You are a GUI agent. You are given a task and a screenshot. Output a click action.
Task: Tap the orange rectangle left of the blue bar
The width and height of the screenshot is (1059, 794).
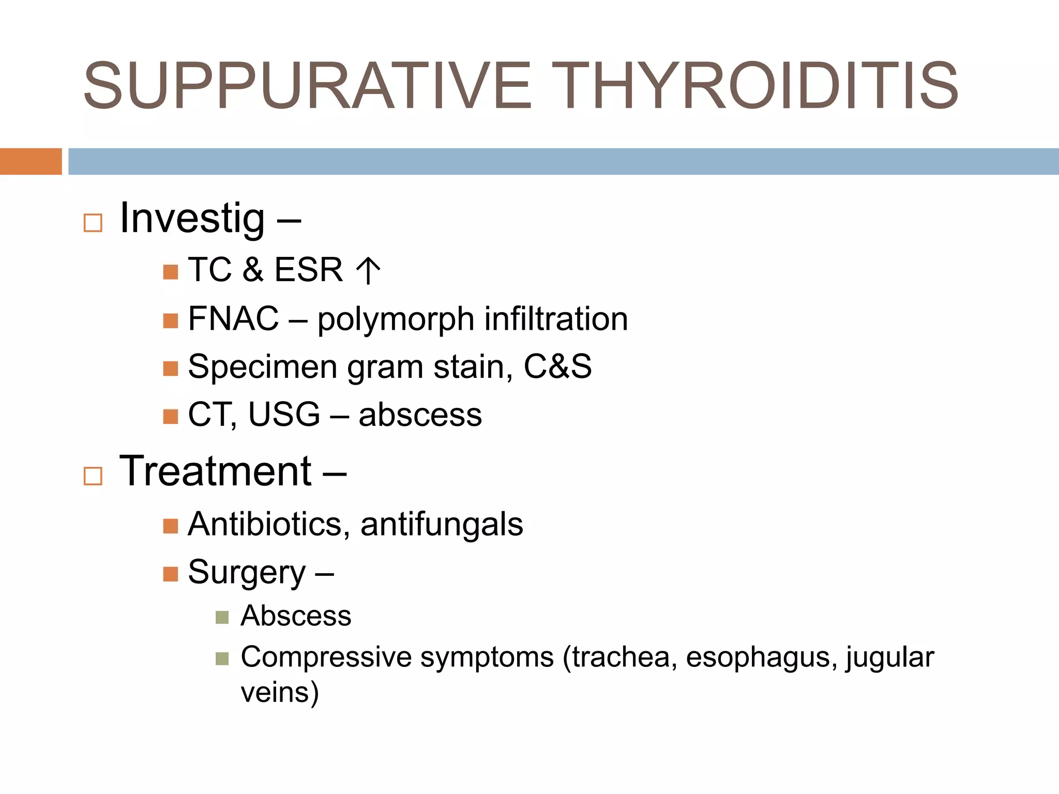coord(31,161)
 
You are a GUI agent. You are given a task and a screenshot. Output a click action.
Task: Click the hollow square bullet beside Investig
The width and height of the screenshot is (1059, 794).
coord(93,223)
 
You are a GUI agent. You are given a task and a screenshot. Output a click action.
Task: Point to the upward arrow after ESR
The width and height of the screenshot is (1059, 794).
coord(368,270)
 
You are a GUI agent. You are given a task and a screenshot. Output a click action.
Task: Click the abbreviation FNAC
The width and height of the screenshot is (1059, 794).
coord(233,318)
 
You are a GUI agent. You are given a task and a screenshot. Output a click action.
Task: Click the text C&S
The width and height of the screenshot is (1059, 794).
coord(557,367)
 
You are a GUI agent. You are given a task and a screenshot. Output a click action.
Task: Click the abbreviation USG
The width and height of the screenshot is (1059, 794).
coord(284,415)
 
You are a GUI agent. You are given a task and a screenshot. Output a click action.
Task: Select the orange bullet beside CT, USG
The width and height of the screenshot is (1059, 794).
coord(170,416)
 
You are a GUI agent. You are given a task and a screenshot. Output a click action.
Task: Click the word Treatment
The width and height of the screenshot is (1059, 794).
coord(215,471)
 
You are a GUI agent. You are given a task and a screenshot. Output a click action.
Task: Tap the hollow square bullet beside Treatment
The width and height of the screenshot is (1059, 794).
coord(93,476)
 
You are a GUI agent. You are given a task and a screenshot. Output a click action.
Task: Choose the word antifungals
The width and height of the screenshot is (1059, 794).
coord(442,525)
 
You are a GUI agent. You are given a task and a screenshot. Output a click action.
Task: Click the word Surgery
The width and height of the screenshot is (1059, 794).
coord(247,573)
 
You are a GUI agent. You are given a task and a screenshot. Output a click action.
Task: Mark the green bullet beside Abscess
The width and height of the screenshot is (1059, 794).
coord(222,617)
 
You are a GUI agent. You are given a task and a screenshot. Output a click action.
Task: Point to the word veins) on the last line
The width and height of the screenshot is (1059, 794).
coord(280,693)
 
